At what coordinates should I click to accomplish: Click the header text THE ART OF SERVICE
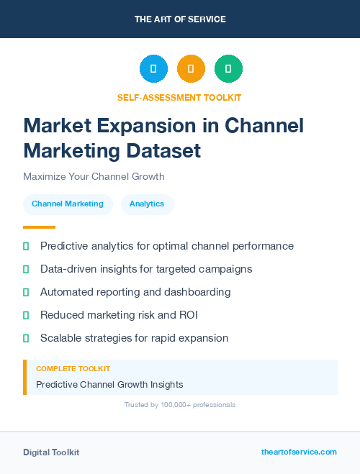[180, 19]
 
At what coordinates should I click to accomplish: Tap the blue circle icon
[153, 69]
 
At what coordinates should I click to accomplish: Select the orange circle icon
[191, 69]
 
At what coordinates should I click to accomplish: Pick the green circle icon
[228, 69]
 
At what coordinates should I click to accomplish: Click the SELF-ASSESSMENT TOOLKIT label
[179, 97]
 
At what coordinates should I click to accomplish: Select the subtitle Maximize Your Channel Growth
[94, 176]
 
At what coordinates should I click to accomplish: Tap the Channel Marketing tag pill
[68, 204]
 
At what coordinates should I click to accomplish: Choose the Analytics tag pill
[147, 204]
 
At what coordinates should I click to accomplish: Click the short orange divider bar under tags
[39, 227]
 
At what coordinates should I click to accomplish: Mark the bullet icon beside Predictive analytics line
[26, 246]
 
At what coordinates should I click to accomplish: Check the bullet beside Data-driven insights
[26, 269]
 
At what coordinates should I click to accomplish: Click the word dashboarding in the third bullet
[198, 292]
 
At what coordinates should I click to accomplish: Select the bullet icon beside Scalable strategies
[26, 338]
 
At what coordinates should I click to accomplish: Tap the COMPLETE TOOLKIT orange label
[73, 368]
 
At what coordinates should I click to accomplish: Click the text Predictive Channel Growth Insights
[109, 384]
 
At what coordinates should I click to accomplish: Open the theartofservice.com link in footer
[299, 452]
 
